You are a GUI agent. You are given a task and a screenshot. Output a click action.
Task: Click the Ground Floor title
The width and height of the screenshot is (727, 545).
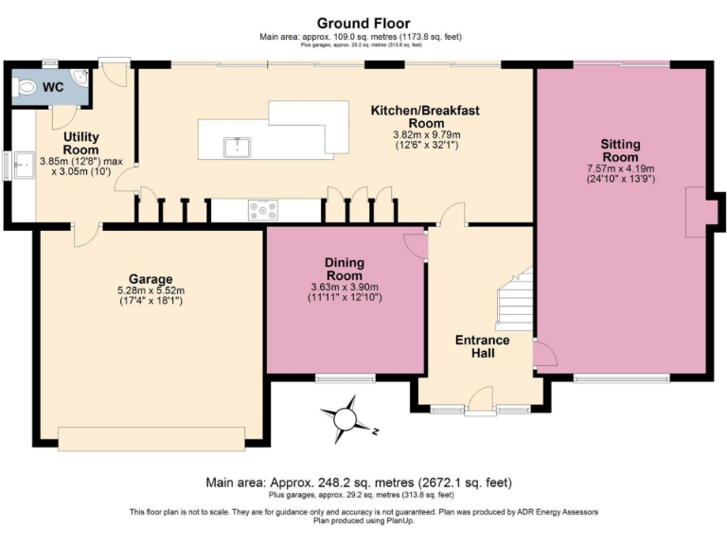tap(363, 23)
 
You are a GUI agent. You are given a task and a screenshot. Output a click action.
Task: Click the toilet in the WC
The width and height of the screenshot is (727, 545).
tap(26, 86)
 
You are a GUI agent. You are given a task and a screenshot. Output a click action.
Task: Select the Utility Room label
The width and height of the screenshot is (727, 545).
tap(80, 144)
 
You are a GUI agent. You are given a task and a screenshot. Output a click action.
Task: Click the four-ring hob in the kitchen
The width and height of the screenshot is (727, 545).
tap(262, 210)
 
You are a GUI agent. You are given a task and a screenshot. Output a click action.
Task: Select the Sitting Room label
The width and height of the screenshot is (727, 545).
tap(620, 150)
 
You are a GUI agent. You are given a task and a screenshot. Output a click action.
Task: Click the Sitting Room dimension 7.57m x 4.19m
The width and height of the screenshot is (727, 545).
tap(620, 168)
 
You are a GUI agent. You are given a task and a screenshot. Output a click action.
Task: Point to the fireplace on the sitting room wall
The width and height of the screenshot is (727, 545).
tap(696, 210)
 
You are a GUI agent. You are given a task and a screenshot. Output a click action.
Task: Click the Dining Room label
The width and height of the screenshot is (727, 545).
tap(345, 269)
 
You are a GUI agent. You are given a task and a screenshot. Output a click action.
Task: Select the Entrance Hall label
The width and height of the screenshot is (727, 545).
tap(482, 346)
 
